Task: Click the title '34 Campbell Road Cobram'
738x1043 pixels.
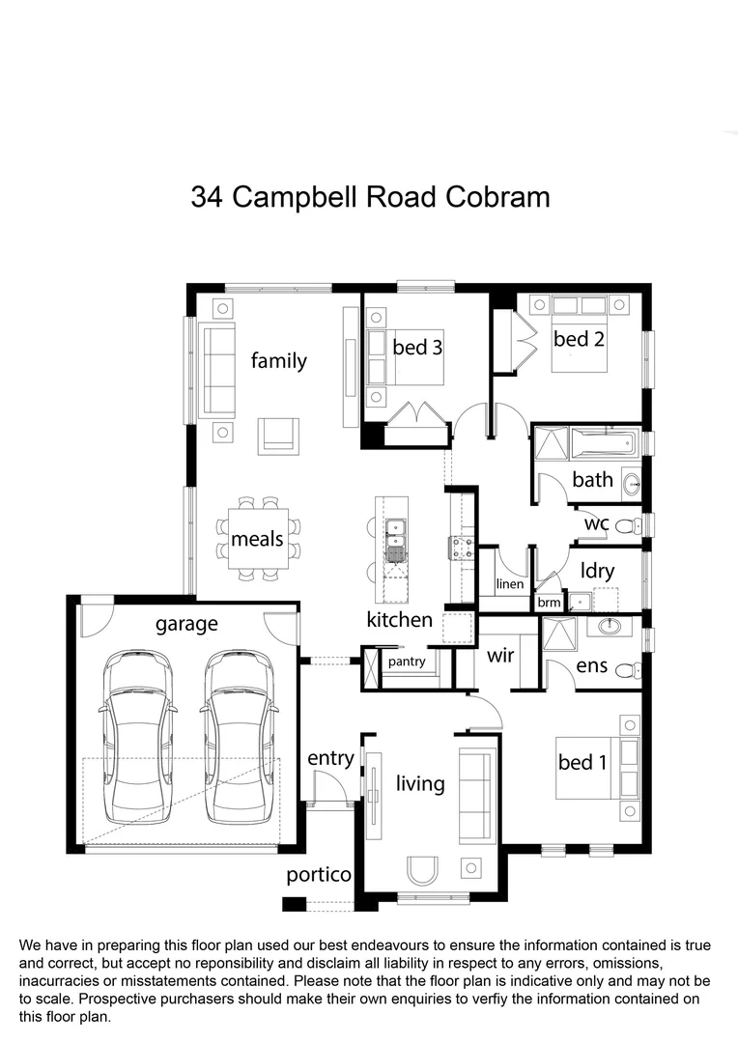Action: [370, 197]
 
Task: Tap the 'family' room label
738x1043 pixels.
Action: [278, 361]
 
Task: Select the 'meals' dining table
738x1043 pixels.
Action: [258, 539]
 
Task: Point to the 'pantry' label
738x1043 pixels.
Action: [408, 662]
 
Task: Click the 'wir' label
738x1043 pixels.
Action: [499, 657]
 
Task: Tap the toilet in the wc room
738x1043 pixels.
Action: [626, 525]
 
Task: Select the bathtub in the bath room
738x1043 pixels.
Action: [602, 444]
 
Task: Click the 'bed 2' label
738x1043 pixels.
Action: [579, 339]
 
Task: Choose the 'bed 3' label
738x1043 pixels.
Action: [417, 346]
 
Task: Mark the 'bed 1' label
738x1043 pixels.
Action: [582, 762]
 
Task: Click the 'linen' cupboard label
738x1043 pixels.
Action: [509, 584]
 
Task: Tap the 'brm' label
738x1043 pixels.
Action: [549, 603]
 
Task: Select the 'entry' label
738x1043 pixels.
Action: [330, 758]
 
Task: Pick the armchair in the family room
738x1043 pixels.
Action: [278, 435]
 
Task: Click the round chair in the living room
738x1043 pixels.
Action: [422, 871]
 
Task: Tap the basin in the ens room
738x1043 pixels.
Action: [611, 627]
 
